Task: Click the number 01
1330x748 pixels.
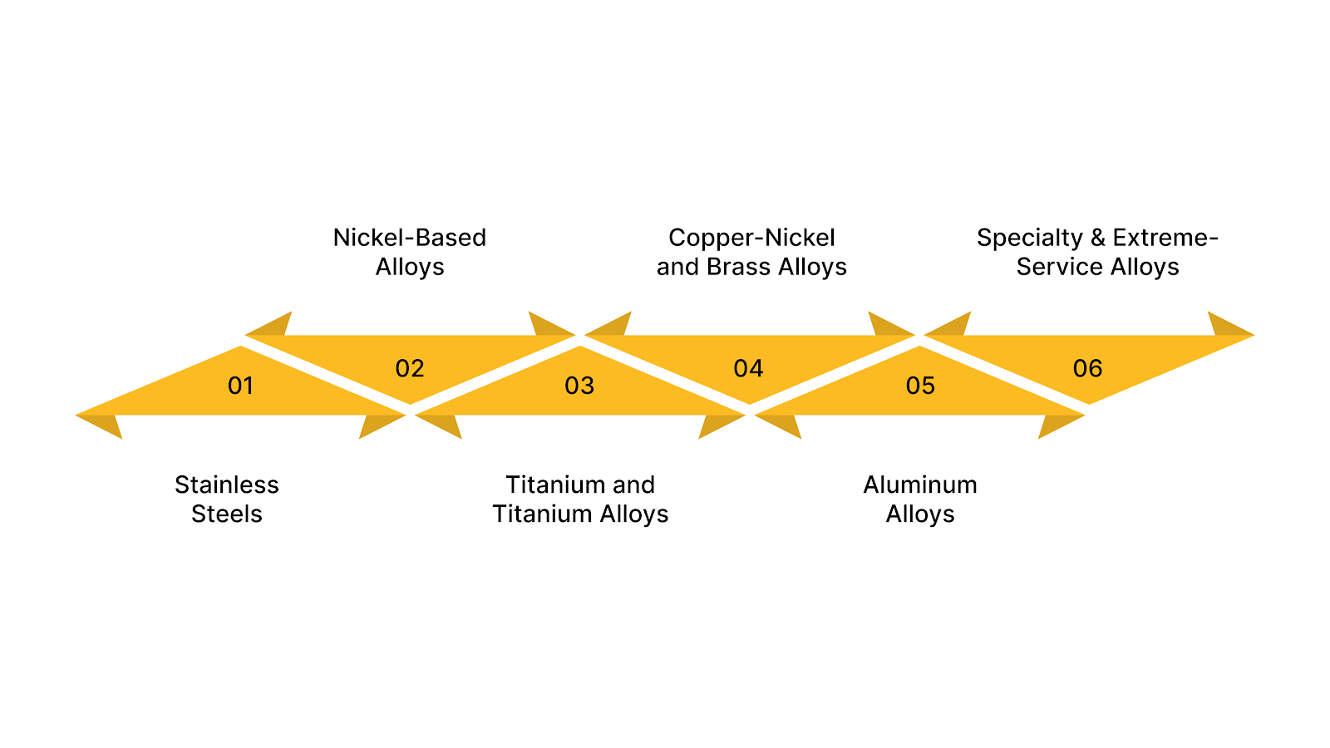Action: [x=240, y=386]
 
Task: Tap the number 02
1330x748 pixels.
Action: [x=410, y=368]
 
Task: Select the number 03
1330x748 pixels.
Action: [x=579, y=386]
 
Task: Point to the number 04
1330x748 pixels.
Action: [x=748, y=368]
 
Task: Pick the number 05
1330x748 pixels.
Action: [x=920, y=386]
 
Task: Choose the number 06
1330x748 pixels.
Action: [x=1087, y=368]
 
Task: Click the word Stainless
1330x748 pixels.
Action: [x=226, y=485]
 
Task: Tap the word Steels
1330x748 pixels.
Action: [x=226, y=514]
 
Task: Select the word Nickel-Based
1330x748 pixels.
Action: [x=409, y=238]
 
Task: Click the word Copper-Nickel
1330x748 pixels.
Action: [x=751, y=238]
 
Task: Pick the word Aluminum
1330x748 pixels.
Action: [x=919, y=485]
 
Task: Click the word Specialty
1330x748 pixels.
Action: [x=1029, y=239]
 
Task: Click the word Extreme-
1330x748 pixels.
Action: [x=1165, y=238]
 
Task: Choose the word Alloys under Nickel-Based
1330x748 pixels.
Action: [x=409, y=268]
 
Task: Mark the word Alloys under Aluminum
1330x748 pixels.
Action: [x=919, y=514]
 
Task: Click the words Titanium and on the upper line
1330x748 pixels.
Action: [x=580, y=485]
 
